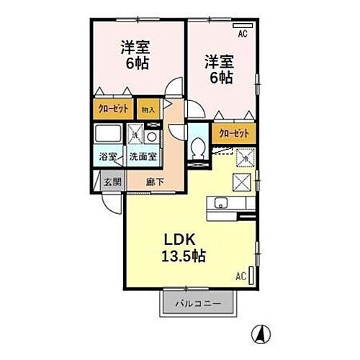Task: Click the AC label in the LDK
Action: (x=240, y=275)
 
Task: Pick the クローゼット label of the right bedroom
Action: (x=233, y=133)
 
